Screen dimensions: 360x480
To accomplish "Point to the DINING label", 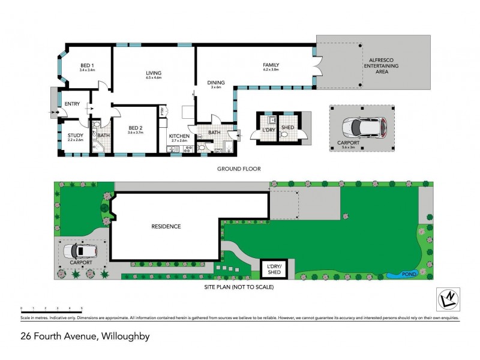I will pyautogui.click(x=215, y=83).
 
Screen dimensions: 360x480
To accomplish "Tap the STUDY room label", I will pyautogui.click(x=76, y=136).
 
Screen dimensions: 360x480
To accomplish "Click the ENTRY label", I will pyautogui.click(x=72, y=104).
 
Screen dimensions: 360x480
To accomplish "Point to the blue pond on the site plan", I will pyautogui.click(x=397, y=275).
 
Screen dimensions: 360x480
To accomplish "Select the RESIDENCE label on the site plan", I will pyautogui.click(x=166, y=226).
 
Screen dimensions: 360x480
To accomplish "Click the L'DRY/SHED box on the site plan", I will pyautogui.click(x=274, y=269).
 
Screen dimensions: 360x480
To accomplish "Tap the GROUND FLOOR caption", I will pyautogui.click(x=239, y=169).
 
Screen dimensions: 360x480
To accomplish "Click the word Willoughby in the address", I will pyautogui.click(x=124, y=337).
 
